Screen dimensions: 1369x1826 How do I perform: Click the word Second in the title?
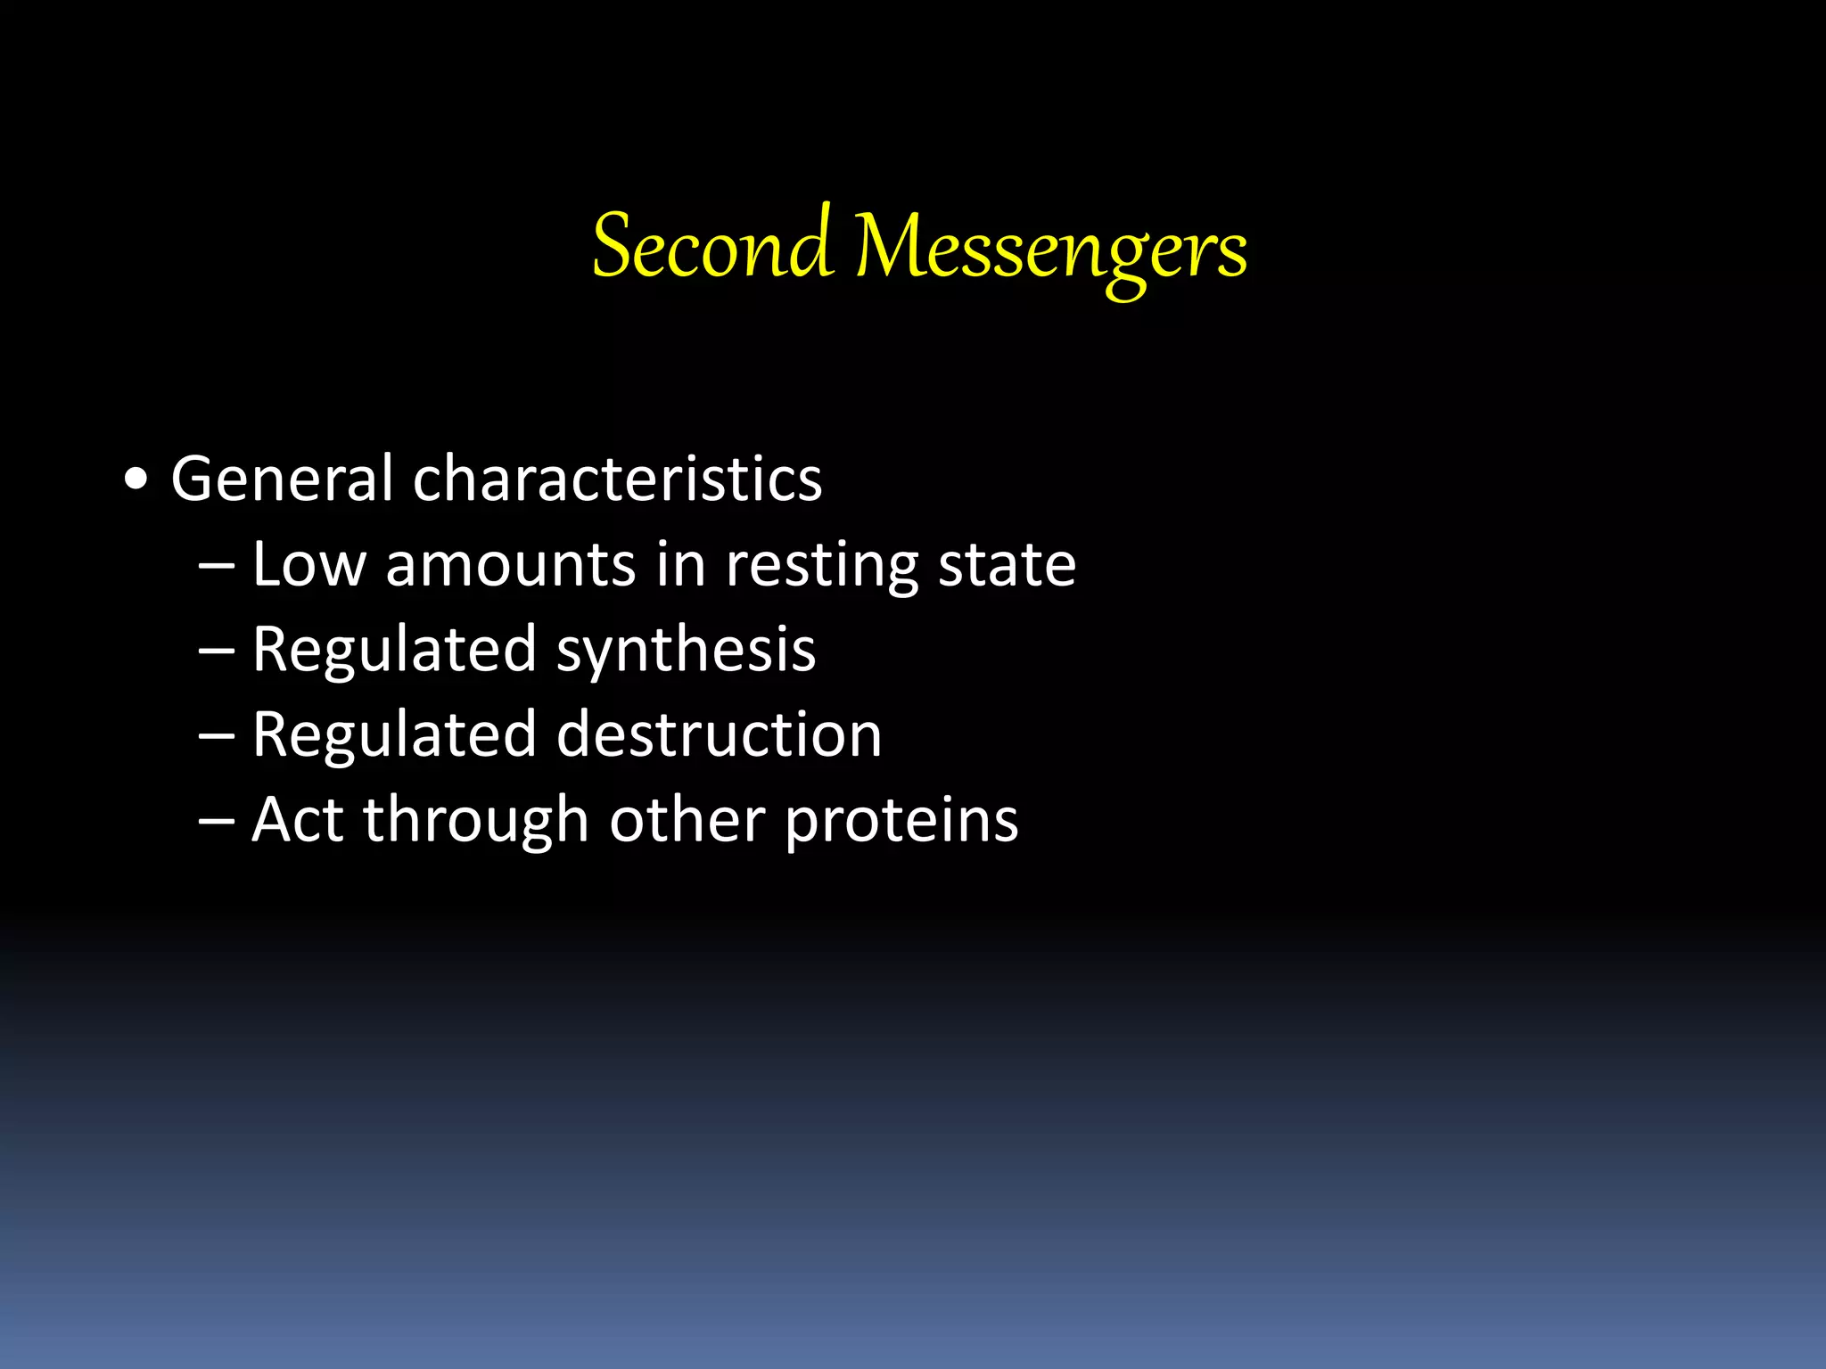click(712, 246)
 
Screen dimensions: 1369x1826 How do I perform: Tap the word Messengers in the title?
click(1051, 248)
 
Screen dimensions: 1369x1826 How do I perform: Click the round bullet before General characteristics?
click(136, 480)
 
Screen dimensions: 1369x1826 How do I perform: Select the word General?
click(282, 479)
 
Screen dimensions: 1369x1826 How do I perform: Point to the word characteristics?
click(617, 479)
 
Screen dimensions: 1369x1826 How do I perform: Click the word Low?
click(308, 564)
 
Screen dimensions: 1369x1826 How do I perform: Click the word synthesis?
click(686, 651)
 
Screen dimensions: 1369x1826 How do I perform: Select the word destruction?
click(720, 734)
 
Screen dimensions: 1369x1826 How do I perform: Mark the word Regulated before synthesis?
click(394, 651)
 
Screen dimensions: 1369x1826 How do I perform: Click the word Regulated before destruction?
click(394, 736)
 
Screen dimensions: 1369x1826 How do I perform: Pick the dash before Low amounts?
click(217, 566)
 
